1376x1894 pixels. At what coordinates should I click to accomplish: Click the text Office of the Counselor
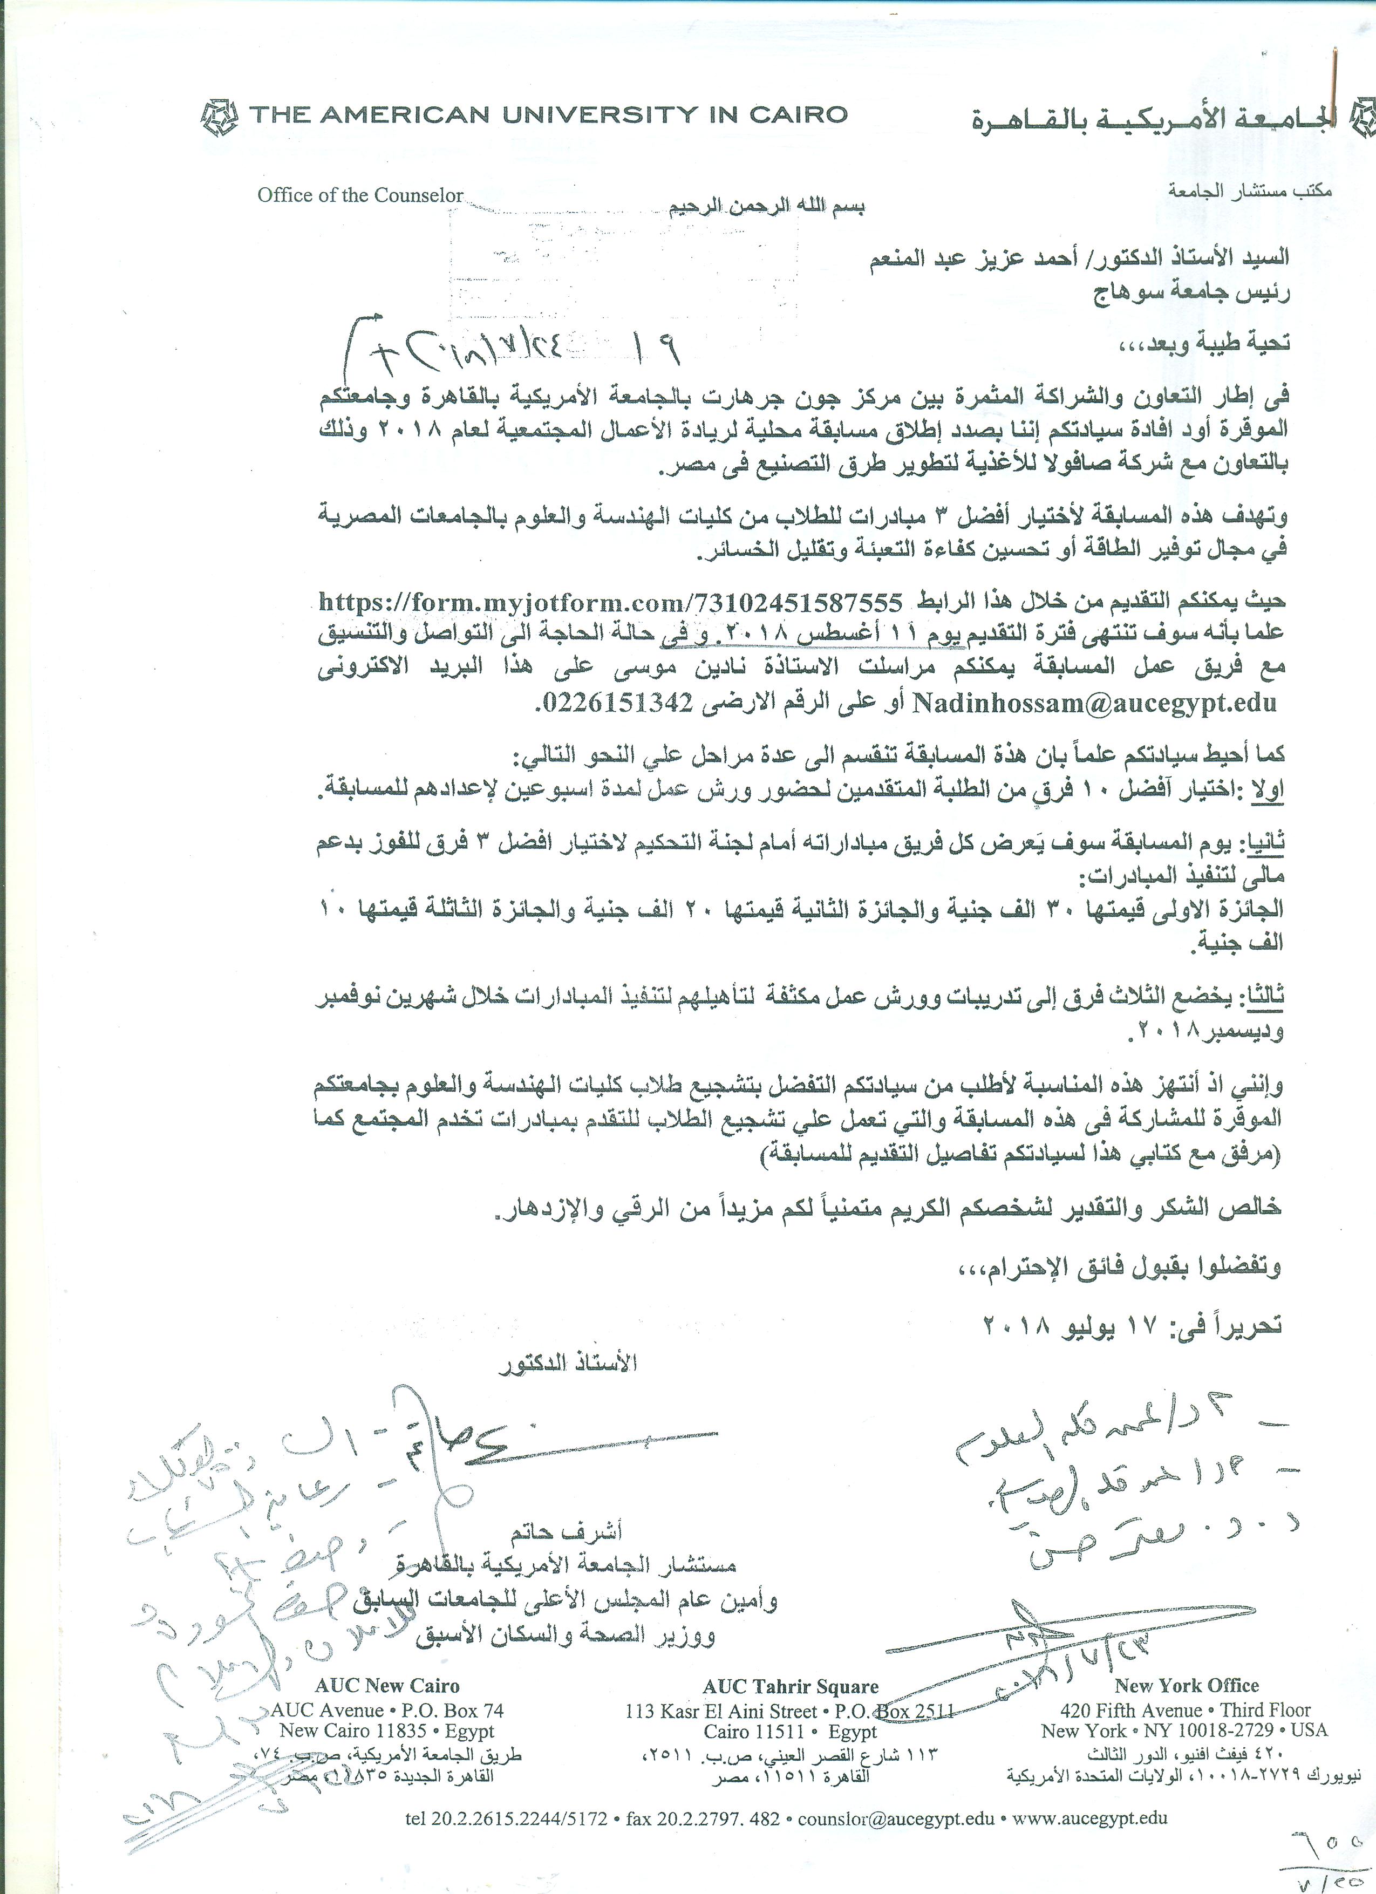(x=360, y=195)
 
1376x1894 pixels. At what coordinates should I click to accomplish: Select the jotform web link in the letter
(x=611, y=603)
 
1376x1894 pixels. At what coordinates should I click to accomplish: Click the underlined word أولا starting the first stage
(x=1266, y=789)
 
